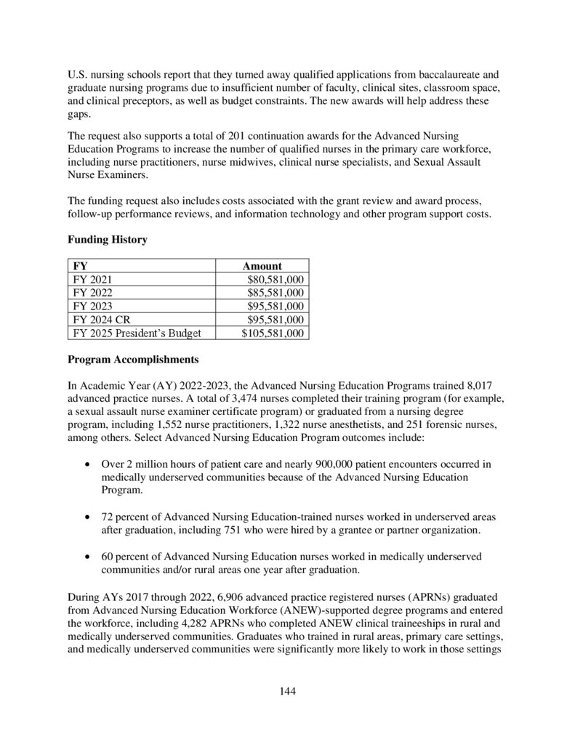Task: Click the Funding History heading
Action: point(107,240)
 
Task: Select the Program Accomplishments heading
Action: point(132,359)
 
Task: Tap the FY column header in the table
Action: point(80,266)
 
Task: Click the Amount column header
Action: point(262,266)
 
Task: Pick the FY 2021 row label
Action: point(93,280)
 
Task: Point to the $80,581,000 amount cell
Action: point(276,280)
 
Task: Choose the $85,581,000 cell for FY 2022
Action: point(276,293)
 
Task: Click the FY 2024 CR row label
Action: point(102,320)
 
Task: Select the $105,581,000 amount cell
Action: point(273,333)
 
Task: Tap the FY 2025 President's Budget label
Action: point(137,333)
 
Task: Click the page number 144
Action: point(288,691)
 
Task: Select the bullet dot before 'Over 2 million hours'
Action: point(88,464)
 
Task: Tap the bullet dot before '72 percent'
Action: point(88,517)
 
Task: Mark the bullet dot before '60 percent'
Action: point(88,557)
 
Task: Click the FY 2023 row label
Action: point(93,307)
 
